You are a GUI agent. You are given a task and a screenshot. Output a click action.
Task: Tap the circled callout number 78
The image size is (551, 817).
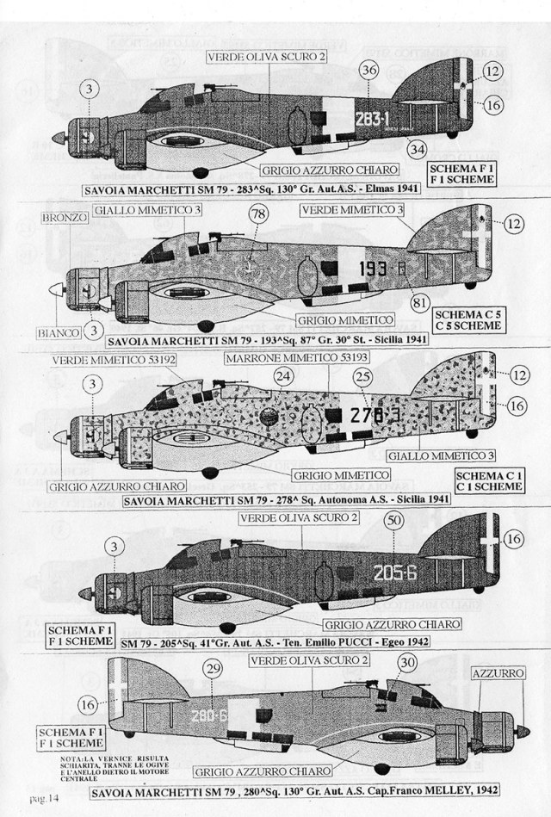coord(257,214)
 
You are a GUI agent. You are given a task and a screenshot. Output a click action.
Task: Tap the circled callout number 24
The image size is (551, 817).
coord(283,376)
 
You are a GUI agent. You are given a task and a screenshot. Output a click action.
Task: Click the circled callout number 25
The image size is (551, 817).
coord(363,376)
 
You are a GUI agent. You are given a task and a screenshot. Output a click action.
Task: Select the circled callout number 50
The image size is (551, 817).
coord(395,520)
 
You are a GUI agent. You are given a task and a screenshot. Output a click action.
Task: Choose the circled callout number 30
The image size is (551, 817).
coord(408,661)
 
